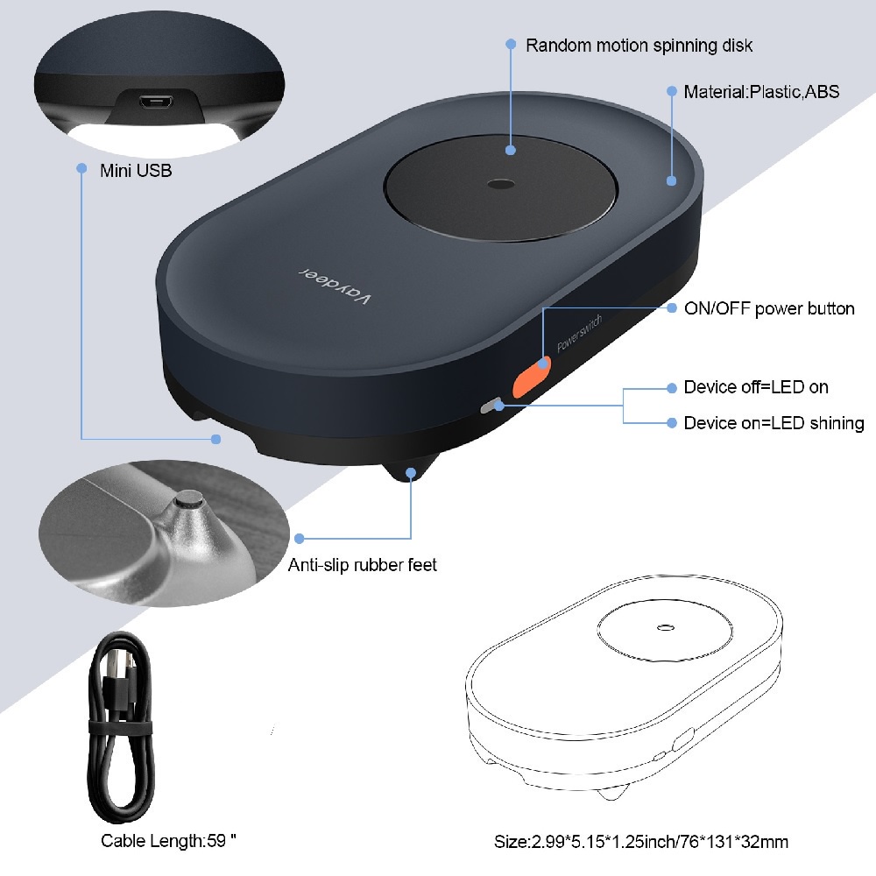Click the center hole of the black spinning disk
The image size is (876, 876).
(501, 185)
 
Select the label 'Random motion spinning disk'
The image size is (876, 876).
(639, 45)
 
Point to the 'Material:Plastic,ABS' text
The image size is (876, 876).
(761, 91)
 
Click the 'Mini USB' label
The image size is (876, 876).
(136, 170)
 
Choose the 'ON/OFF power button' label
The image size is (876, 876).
(769, 308)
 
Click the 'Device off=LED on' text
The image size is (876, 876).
(756, 387)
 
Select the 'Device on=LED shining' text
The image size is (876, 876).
(774, 423)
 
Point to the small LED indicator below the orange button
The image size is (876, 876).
(491, 406)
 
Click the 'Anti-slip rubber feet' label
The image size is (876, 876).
(362, 565)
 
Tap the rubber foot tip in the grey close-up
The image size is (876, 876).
(187, 503)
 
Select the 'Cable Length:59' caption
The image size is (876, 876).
(169, 842)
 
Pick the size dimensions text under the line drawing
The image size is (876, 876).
(641, 842)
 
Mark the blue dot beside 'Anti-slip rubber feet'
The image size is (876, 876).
(300, 537)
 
